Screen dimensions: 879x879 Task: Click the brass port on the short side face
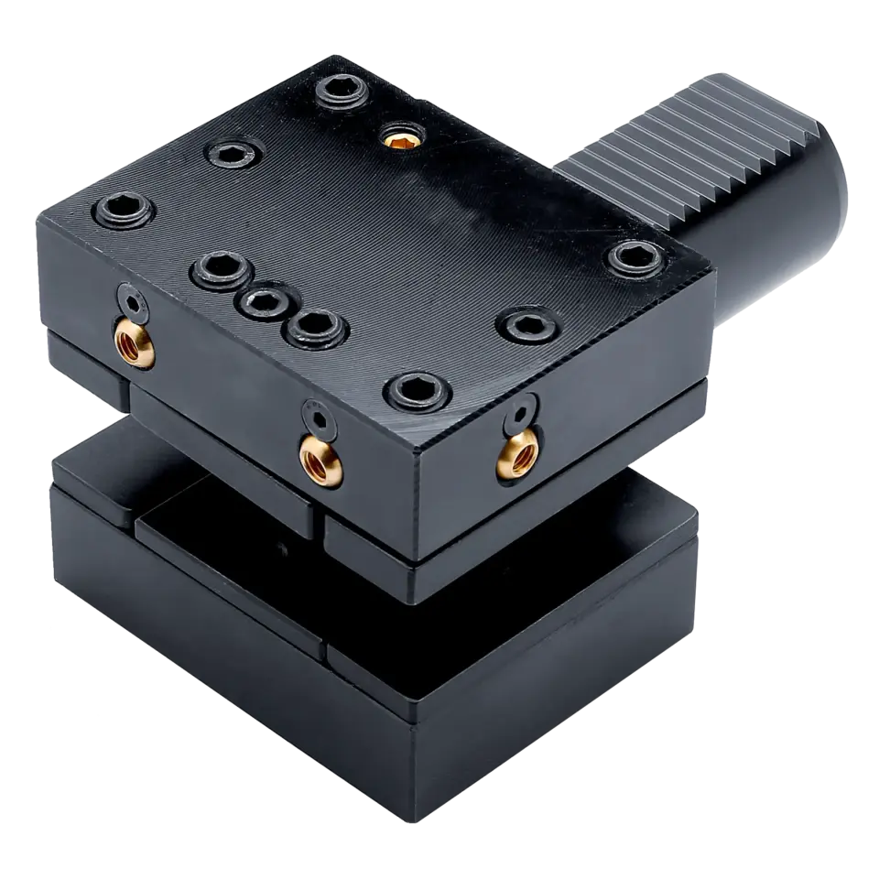pos(515,452)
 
